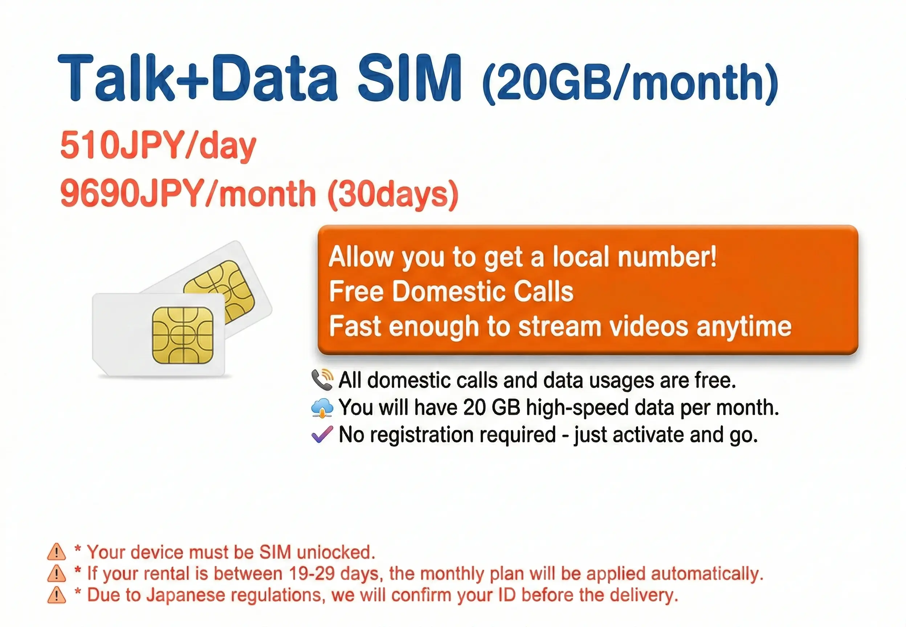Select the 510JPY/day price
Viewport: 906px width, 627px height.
click(158, 146)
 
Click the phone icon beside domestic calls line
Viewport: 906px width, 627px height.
click(322, 380)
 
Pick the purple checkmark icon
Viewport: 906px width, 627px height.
click(322, 434)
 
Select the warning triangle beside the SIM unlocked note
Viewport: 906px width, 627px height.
click(57, 552)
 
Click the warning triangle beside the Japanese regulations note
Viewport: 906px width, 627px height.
click(57, 595)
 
